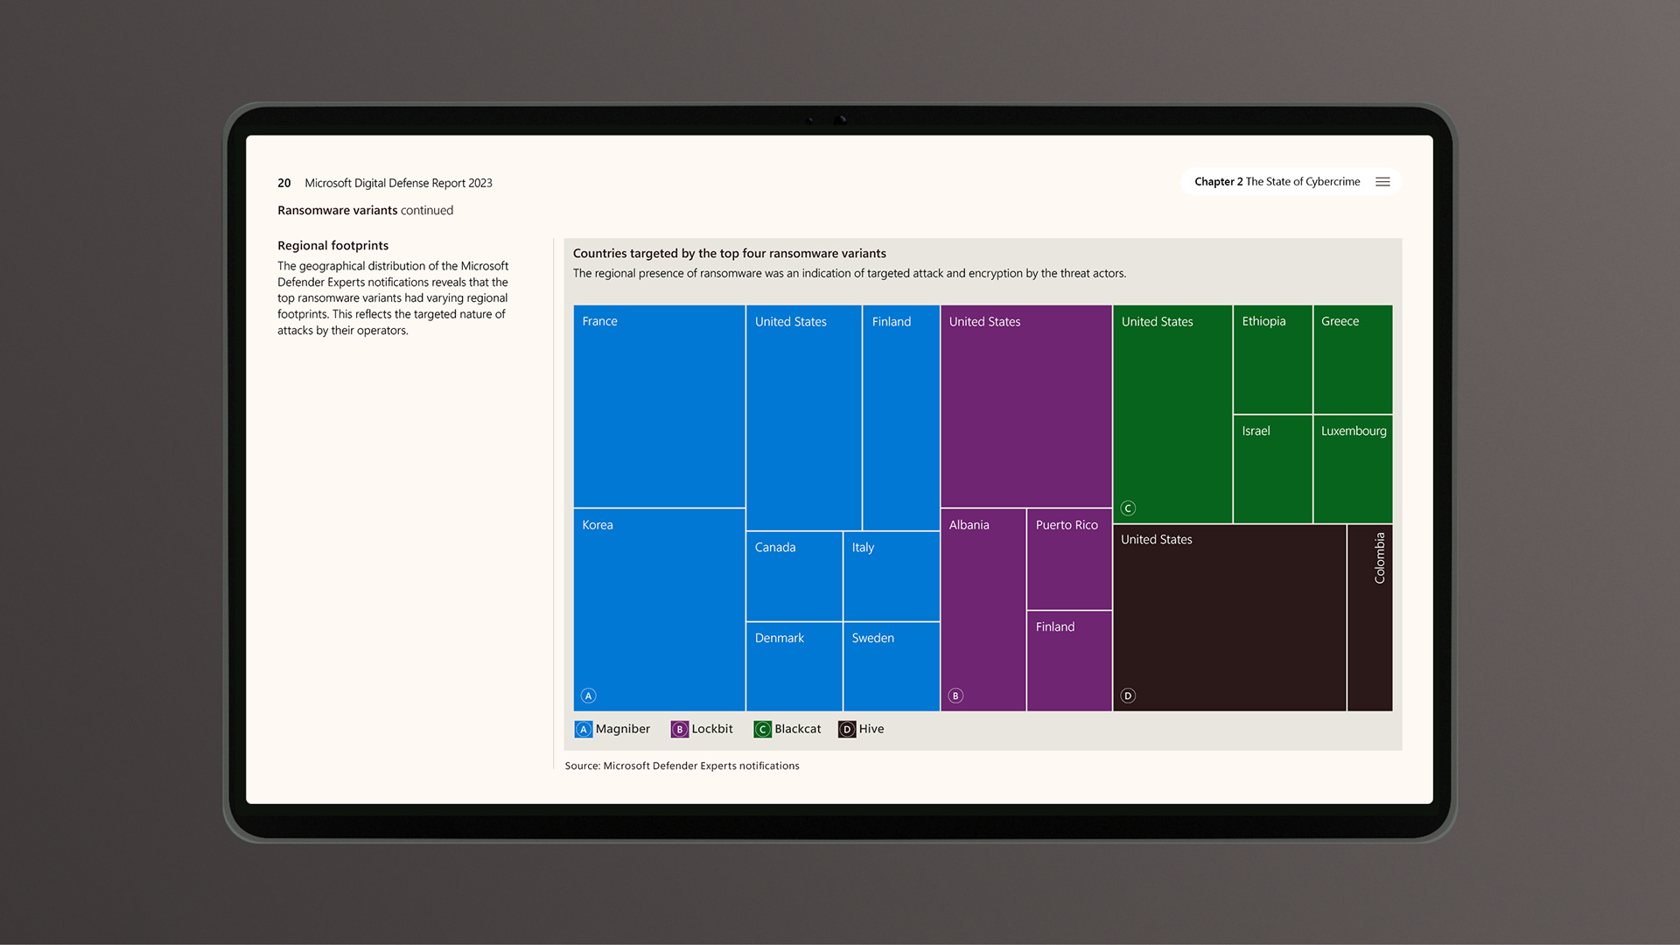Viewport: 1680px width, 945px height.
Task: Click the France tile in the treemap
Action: click(x=659, y=406)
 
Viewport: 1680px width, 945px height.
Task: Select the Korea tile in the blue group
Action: click(x=659, y=609)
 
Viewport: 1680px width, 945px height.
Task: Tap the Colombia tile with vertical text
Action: click(x=1369, y=618)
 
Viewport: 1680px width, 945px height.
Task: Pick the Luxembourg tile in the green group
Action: click(x=1353, y=469)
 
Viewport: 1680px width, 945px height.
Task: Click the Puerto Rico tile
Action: click(x=1068, y=559)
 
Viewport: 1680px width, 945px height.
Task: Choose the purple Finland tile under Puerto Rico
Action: click(x=1068, y=661)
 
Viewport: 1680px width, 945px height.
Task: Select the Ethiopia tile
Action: click(x=1272, y=359)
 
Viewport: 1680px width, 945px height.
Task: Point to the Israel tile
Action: click(x=1272, y=469)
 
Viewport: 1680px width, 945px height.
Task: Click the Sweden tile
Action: click(x=891, y=666)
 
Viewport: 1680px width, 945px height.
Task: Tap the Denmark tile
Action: click(x=794, y=666)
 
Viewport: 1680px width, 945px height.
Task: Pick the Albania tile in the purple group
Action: click(x=983, y=609)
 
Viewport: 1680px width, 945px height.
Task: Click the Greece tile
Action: click(x=1353, y=359)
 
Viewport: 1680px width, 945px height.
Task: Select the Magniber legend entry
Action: click(x=612, y=729)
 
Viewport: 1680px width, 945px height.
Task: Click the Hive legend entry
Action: click(x=862, y=729)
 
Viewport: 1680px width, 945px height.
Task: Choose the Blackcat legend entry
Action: click(x=787, y=729)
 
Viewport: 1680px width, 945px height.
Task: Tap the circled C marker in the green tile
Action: click(x=1128, y=508)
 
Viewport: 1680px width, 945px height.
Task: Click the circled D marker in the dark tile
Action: click(x=1128, y=696)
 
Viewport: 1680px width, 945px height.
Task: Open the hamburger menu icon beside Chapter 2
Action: click(x=1382, y=182)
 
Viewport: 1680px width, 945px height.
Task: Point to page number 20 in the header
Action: click(x=284, y=183)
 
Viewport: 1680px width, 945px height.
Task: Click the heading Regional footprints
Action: click(x=332, y=246)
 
